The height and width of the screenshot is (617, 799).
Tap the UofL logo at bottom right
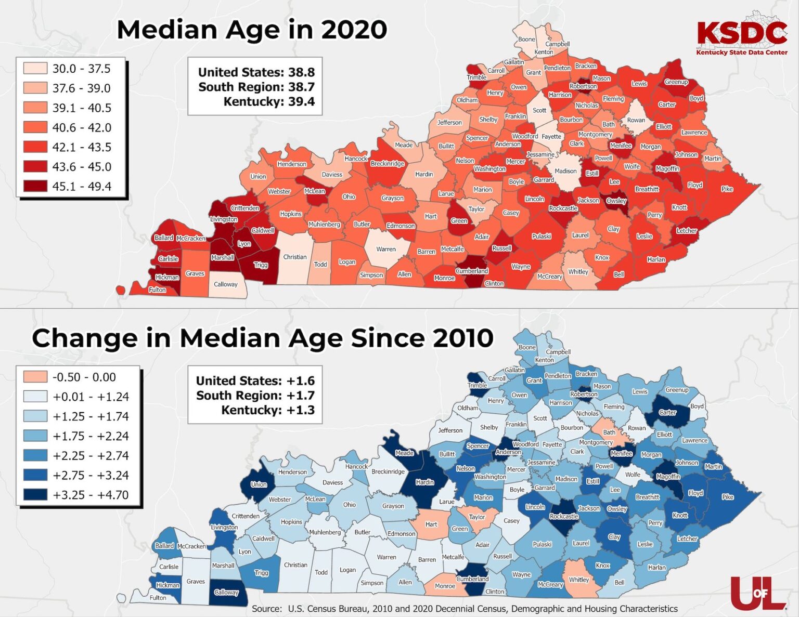point(758,592)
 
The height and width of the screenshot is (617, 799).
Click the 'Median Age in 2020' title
point(252,30)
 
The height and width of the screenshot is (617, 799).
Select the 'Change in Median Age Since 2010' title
point(262,338)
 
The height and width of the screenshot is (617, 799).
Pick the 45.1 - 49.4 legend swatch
point(35,186)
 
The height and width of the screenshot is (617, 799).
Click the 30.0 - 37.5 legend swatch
point(35,69)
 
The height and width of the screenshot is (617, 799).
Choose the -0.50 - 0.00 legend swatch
point(35,377)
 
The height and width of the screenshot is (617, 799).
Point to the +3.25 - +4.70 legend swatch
point(35,495)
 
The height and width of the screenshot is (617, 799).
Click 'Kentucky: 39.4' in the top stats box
point(269,101)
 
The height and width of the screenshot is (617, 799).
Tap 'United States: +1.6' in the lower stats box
point(255,380)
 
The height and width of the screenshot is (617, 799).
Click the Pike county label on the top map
point(727,189)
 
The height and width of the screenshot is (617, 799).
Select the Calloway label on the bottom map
point(226,593)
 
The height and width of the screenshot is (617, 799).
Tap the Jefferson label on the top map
point(449,123)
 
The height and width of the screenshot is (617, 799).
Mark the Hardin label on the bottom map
point(424,482)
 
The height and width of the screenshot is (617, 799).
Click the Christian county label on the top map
point(295,257)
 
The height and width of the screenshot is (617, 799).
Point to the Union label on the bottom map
point(259,484)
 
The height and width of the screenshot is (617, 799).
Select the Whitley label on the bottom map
point(578,580)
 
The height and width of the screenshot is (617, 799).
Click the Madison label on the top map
point(565,171)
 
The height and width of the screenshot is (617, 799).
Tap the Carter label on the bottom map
point(667,413)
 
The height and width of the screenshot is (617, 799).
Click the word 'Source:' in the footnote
point(267,609)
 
